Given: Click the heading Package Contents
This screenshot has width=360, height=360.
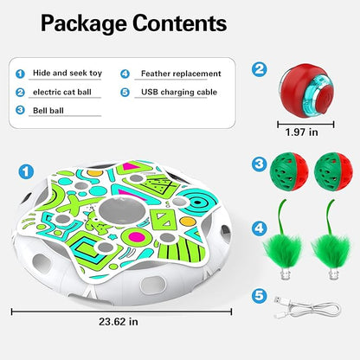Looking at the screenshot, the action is coord(134,24).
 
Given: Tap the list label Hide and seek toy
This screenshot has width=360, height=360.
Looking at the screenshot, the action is coord(67,73).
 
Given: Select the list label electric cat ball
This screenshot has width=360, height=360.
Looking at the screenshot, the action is coord(62,92).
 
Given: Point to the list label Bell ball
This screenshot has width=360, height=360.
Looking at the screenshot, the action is coord(48,111).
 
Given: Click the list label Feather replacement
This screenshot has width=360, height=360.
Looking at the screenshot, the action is coord(181,74).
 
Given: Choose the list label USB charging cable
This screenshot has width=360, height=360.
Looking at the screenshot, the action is coord(179,92).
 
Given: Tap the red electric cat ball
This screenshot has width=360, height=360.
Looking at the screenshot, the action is coord(305,91).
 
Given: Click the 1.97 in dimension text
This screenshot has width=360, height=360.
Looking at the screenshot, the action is coord(301,132).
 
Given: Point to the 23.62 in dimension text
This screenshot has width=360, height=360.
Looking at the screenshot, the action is coord(119,321).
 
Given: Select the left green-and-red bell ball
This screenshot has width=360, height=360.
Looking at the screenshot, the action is coord(289,171).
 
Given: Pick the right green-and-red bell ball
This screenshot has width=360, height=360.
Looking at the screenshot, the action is coord(333,171).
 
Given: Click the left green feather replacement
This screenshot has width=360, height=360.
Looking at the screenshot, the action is coord(283,240).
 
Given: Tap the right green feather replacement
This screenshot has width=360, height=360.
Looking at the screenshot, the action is coord(331,240).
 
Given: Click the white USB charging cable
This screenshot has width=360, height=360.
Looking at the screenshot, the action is coord(307,307).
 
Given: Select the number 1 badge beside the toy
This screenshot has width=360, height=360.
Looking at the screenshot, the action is coord(26,171).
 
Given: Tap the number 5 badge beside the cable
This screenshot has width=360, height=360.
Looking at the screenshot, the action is coord(259,296).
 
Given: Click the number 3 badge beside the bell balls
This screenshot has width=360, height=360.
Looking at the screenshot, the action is coord(259,164).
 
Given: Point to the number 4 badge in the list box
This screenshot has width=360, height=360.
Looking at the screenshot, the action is coord(125,74).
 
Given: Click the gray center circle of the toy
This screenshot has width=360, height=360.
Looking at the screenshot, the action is coord(122,211).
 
